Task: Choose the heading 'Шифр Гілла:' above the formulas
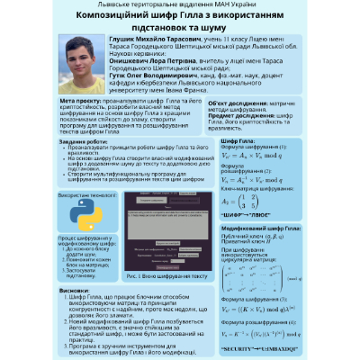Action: (x=237, y=141)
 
